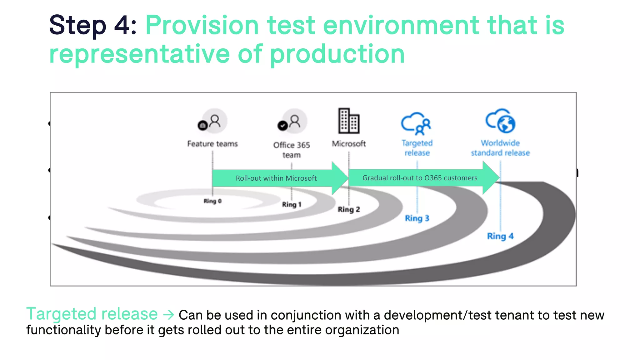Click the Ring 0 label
pos(212,201)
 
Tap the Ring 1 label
pos(292,204)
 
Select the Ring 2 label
pos(349,209)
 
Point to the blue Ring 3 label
pos(417,218)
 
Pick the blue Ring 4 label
pos(500,236)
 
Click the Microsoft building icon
pos(349,121)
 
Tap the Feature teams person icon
pos(213,122)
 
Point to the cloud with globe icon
pos(501,121)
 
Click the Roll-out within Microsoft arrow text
pos(276,178)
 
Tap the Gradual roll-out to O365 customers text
pos(420,178)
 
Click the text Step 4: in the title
pos(93,25)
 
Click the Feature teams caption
pos(212,144)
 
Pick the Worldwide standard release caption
pos(500,148)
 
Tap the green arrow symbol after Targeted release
pos(168,314)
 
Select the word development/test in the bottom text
pos(437,315)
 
